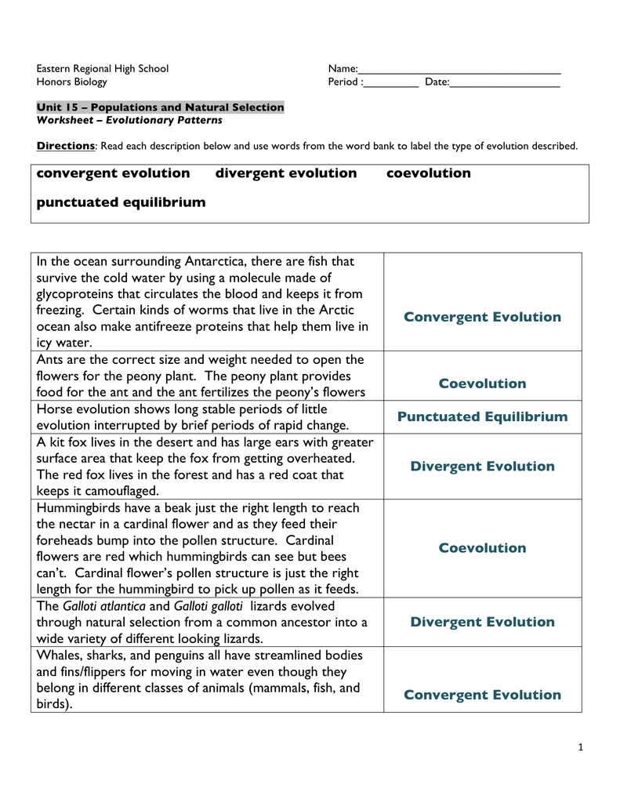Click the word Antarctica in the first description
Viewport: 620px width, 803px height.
point(216,261)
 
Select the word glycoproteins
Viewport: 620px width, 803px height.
point(74,294)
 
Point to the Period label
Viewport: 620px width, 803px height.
point(344,82)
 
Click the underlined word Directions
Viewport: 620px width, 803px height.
point(66,146)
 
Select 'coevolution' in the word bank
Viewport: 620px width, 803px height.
point(429,173)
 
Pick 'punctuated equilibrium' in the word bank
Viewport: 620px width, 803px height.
point(121,202)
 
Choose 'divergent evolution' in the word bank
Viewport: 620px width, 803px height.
point(286,173)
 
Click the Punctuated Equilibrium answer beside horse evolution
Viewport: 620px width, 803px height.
point(482,416)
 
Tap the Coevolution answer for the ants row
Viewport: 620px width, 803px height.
point(482,383)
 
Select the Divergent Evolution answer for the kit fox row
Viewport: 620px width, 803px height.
point(482,467)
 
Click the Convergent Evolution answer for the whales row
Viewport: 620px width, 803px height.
point(482,695)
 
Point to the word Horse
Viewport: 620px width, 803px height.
point(54,409)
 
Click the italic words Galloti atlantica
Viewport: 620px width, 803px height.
point(104,606)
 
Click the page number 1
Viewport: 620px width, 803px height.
point(581,747)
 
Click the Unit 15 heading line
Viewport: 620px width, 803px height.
point(160,107)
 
